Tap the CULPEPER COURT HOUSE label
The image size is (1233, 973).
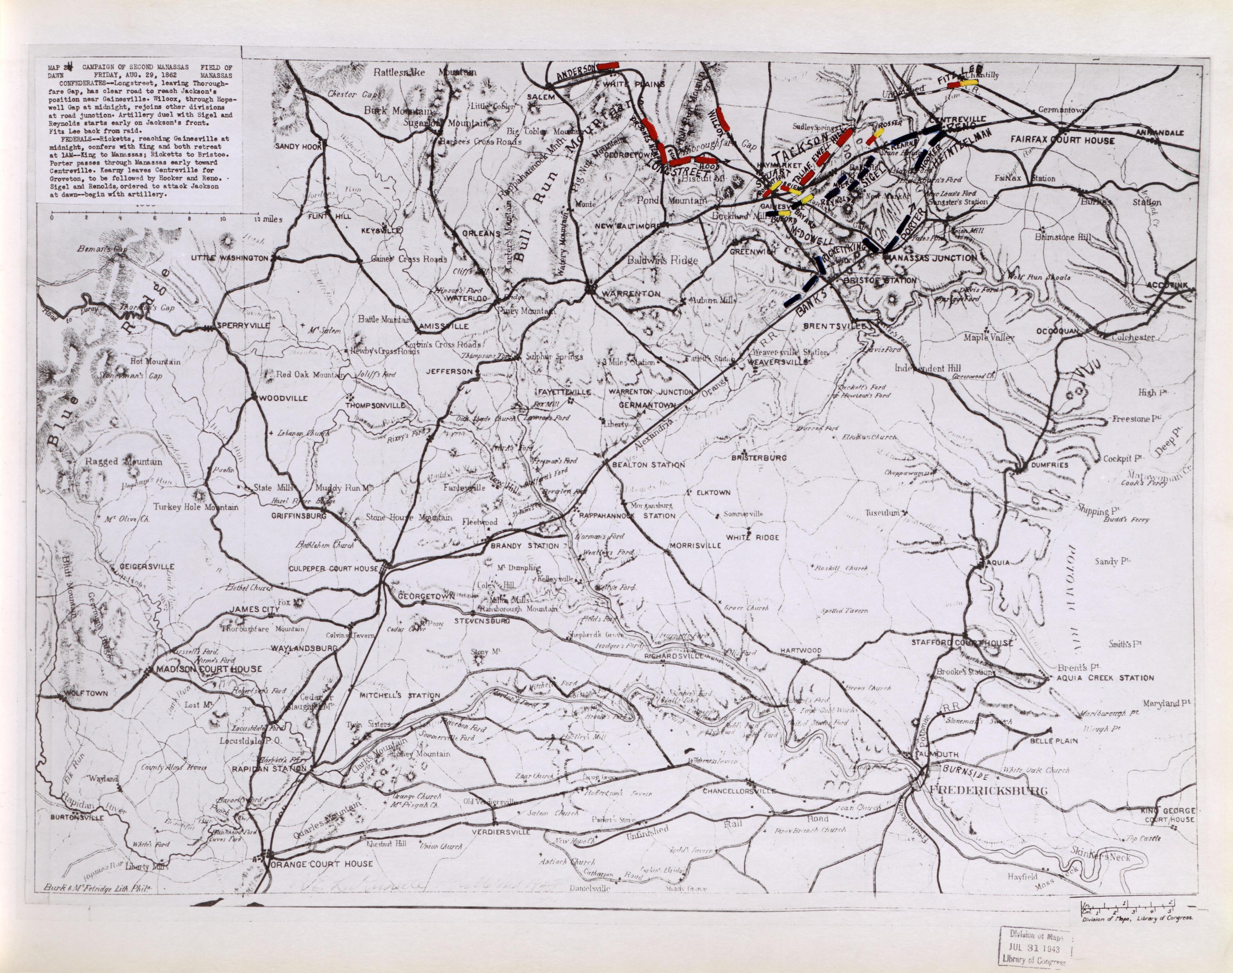point(333,569)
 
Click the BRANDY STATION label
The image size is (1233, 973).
point(525,546)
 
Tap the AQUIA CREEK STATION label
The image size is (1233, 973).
point(1104,678)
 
